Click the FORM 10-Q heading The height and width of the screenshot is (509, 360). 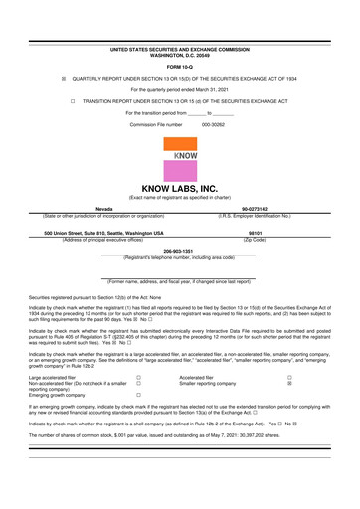pos(180,66)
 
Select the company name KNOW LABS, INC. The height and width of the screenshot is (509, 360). pos(180,187)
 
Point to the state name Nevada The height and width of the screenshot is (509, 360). pos(103,208)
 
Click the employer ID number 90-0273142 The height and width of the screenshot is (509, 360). pos(254,208)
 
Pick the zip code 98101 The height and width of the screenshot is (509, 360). pos(254,232)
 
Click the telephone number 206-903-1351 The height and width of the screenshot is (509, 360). pos(180,251)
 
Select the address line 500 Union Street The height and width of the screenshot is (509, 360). pos(103,232)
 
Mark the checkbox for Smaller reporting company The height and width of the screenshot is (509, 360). pos(289,384)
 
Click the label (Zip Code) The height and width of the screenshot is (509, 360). pos(254,239)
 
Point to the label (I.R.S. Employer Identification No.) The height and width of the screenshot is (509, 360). pos(254,215)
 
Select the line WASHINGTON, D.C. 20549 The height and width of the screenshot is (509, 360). pos(180,54)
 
